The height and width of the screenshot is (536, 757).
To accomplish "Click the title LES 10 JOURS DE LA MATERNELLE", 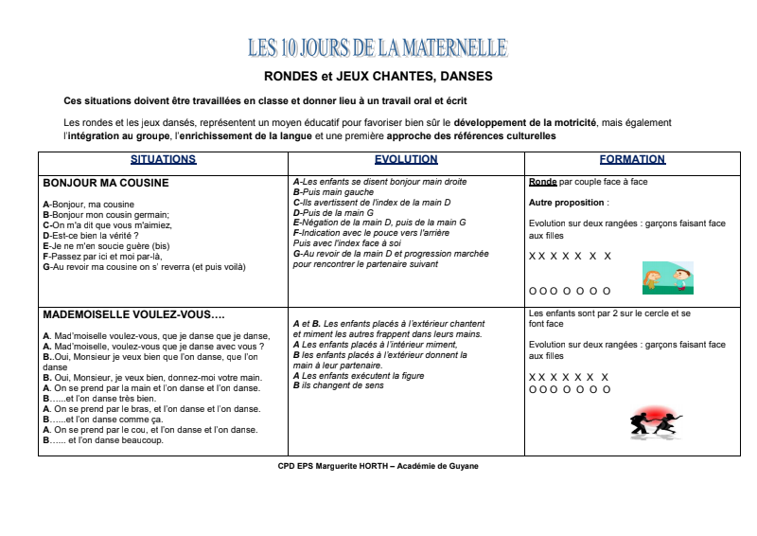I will [x=377, y=47].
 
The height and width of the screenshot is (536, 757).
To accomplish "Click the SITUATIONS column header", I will [x=163, y=160].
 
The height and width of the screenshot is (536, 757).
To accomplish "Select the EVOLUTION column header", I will [x=405, y=160].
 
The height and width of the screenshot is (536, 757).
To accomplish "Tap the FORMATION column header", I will [x=631, y=160].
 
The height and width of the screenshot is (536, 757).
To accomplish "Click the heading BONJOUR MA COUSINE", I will [x=106, y=183].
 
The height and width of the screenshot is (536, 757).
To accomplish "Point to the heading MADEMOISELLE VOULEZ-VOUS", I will [x=132, y=314].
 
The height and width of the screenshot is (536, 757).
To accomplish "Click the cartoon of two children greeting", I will [x=667, y=277].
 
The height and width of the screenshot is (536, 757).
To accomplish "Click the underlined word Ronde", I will [x=542, y=182].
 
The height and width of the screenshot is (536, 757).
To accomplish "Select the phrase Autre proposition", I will [x=567, y=203].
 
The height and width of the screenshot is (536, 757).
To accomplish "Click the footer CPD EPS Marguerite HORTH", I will [x=378, y=466].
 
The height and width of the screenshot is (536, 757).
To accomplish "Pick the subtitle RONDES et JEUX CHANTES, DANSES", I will [x=378, y=76].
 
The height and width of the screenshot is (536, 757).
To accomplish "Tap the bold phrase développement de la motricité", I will [x=525, y=123].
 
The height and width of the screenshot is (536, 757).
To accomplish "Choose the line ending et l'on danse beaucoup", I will [x=103, y=440].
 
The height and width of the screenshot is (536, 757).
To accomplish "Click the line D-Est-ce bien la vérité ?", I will [x=92, y=235].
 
